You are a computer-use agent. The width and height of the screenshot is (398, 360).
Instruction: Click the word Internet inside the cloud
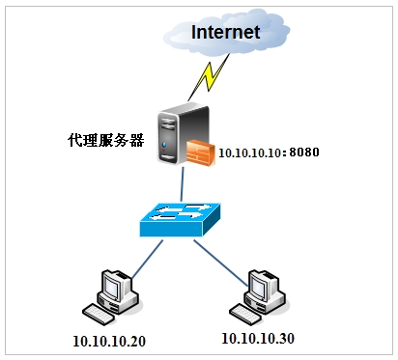[x=225, y=32]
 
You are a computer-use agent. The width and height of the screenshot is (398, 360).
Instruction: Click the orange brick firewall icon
[x=201, y=152]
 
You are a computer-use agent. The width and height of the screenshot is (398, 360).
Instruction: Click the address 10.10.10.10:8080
[x=268, y=152]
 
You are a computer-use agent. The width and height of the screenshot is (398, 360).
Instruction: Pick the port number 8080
[x=303, y=152]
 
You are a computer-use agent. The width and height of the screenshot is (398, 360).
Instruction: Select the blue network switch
[x=181, y=220]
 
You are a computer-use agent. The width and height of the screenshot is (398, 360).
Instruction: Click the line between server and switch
[x=181, y=184]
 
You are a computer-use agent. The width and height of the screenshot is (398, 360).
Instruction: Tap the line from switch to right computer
[x=219, y=258]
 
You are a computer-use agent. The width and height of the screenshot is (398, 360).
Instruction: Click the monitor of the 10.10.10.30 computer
[x=263, y=286]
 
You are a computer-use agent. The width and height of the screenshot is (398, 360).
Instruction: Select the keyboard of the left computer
[x=99, y=313]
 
